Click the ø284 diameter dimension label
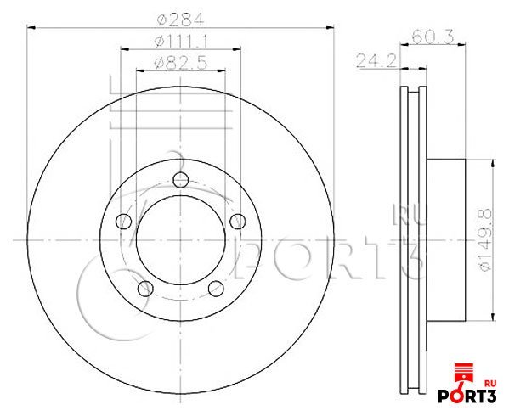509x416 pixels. [x=180, y=20]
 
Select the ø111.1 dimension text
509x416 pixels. [x=180, y=41]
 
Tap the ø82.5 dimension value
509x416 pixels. [x=180, y=63]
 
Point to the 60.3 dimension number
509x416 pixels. [x=433, y=37]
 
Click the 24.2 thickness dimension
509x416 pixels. [x=377, y=60]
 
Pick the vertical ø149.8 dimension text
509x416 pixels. [x=485, y=240]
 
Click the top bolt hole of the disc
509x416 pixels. [x=181, y=180]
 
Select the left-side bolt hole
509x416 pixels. [x=124, y=221]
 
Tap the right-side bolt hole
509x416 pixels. [x=238, y=221]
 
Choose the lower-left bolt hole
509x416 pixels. [x=145, y=289]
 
